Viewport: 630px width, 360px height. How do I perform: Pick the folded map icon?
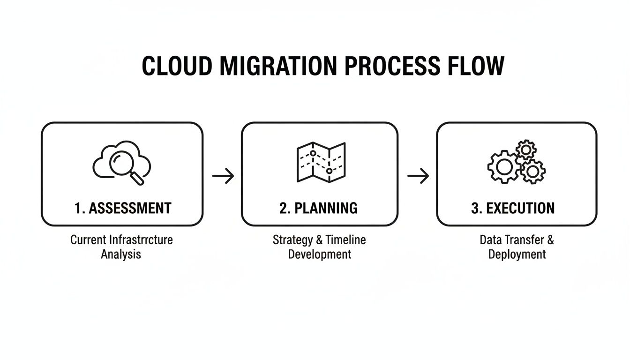click(x=321, y=162)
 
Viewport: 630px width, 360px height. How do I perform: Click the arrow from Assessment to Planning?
click(x=223, y=176)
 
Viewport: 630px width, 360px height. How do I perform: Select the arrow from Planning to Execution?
click(x=418, y=176)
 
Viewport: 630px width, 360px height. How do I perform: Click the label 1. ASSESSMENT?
click(x=123, y=208)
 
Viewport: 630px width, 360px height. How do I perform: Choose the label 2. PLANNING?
click(x=318, y=208)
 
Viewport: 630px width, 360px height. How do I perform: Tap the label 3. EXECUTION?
click(x=513, y=208)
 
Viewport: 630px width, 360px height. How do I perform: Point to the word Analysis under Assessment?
click(x=121, y=255)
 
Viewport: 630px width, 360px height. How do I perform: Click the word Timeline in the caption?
click(x=346, y=240)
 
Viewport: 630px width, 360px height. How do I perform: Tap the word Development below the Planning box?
click(x=319, y=255)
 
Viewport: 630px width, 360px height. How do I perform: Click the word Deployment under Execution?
click(x=517, y=255)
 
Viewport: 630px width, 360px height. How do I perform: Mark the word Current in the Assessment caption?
click(x=88, y=240)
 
